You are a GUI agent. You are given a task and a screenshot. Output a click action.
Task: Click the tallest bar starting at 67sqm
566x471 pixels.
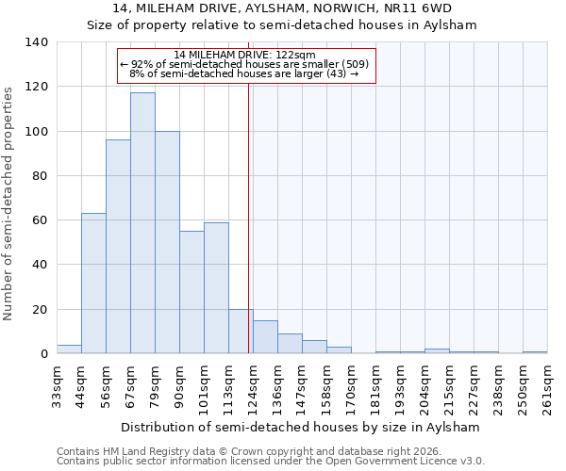point(142,223)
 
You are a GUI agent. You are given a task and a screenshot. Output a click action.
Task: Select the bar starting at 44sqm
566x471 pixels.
point(93,284)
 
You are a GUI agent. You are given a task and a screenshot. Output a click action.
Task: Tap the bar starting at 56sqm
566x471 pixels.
point(118,247)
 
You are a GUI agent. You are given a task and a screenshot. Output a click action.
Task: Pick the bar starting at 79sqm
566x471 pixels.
point(167,242)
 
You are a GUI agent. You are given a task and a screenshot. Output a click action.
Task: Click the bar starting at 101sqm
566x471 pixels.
point(216,288)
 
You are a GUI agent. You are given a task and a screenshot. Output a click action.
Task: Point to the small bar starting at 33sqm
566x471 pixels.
point(69,349)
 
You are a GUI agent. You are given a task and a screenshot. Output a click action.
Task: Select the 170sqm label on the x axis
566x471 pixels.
point(351,386)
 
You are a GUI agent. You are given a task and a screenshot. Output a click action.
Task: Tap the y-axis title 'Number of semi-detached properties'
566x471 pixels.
point(8,203)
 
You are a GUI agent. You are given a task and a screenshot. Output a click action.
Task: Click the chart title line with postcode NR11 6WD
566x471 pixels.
point(282,9)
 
